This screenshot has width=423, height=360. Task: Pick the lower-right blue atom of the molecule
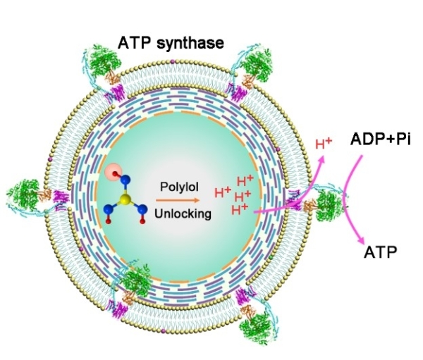[x=139, y=209]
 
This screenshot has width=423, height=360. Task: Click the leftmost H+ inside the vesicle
[x=223, y=191]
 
